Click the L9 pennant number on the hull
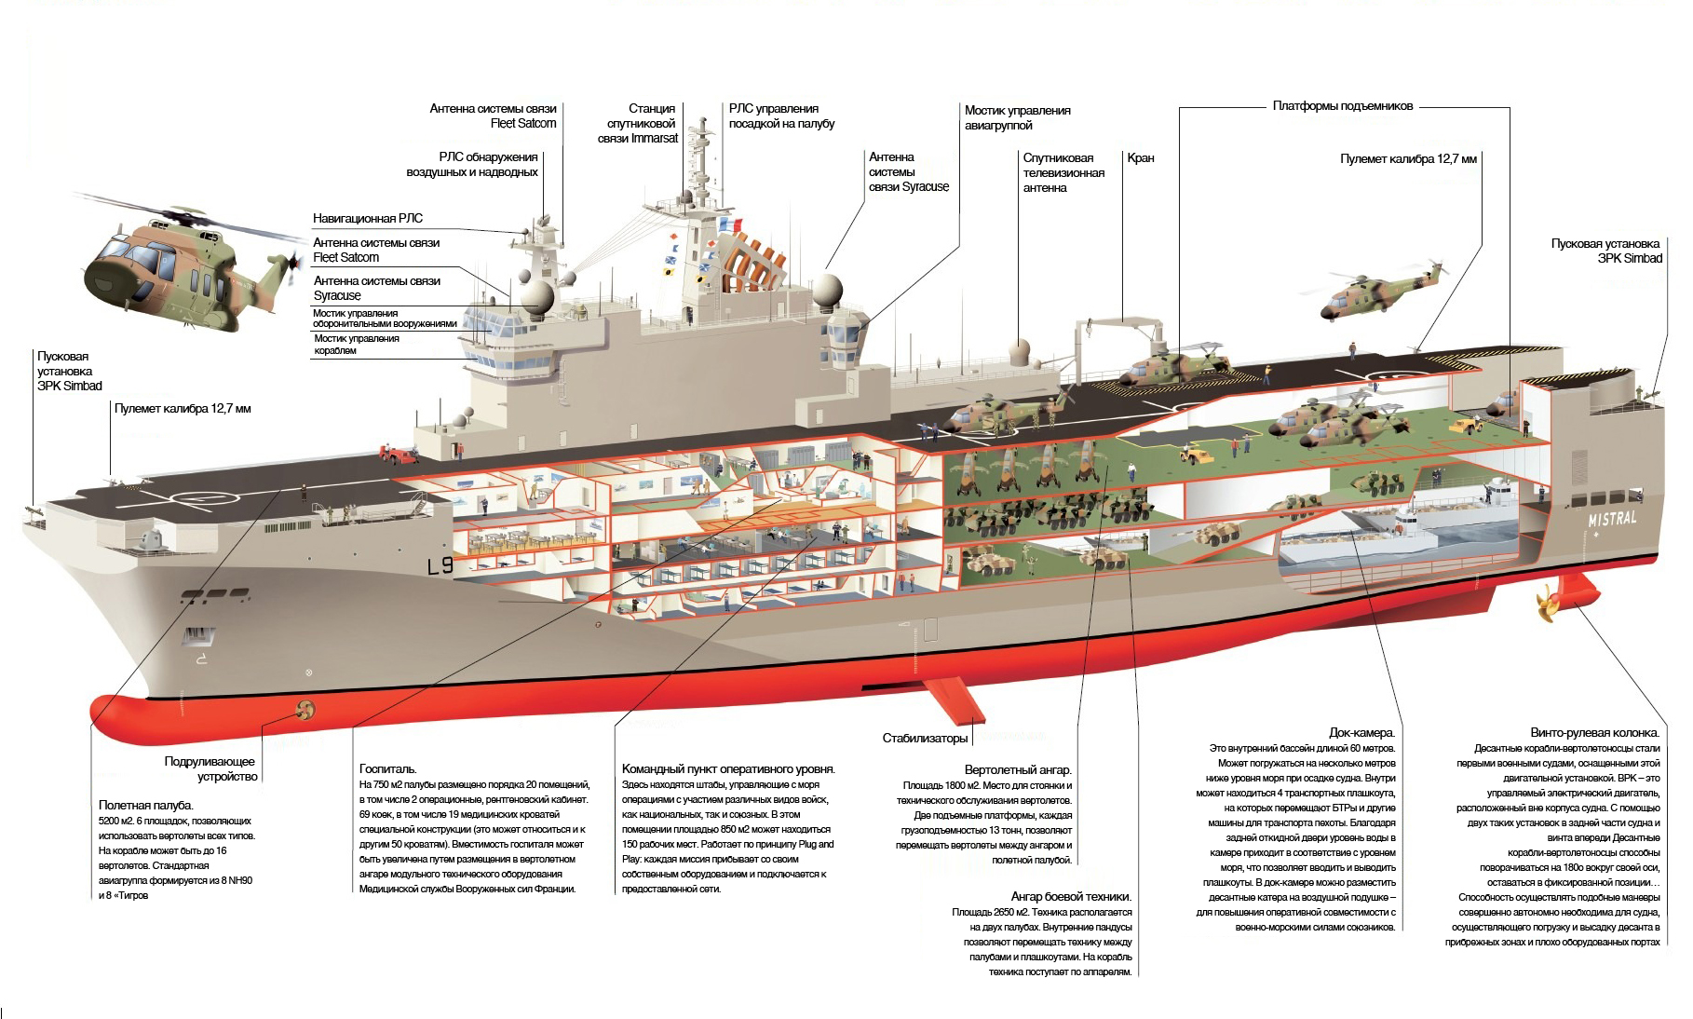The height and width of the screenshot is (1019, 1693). (x=439, y=566)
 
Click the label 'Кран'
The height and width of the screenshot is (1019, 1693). (x=1140, y=158)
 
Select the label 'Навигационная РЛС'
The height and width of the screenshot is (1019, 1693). (x=368, y=218)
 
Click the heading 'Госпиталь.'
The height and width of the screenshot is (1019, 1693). (x=388, y=768)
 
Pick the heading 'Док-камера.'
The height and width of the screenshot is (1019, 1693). (x=1361, y=733)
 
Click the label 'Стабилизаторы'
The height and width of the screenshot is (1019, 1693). (x=925, y=739)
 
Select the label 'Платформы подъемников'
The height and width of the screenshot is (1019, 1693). (x=1343, y=106)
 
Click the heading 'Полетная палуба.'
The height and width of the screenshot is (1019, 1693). (x=145, y=804)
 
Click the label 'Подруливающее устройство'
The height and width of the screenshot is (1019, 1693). (x=210, y=768)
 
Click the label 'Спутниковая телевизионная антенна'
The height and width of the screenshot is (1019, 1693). (x=1063, y=173)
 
